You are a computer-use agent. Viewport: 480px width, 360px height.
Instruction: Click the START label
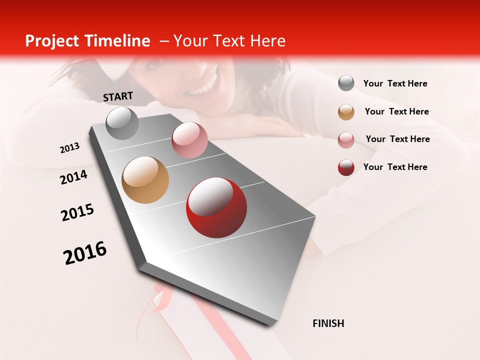click(118, 96)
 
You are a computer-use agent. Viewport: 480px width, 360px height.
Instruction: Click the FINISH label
click(328, 323)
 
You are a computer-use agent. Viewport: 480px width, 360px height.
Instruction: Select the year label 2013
click(70, 148)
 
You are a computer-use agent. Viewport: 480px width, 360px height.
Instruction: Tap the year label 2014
click(74, 177)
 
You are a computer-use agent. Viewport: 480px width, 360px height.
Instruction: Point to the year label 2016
click(85, 253)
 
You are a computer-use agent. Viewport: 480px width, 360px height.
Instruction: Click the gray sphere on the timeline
click(122, 123)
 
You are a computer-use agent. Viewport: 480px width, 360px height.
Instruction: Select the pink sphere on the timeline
click(189, 140)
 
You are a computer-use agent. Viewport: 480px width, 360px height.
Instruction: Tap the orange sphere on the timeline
click(145, 180)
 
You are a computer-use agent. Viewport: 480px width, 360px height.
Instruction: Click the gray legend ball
click(346, 83)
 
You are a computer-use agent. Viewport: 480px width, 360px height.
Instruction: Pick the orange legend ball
click(346, 111)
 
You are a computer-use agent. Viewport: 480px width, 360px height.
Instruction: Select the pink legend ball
click(346, 139)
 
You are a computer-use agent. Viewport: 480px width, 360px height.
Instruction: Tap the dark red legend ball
click(346, 167)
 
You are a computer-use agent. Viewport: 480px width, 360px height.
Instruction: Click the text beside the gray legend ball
click(395, 83)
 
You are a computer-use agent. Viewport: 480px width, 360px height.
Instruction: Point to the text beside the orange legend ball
click(396, 111)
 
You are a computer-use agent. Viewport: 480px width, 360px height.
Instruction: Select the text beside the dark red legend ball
click(395, 167)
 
